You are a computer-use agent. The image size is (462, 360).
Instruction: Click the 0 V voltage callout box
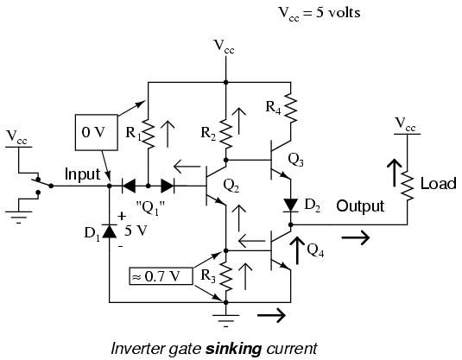97,132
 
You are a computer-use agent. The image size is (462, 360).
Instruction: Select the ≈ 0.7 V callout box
161,276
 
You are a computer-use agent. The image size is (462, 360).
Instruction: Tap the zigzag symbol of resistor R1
149,134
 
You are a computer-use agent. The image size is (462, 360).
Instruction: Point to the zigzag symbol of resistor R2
226,134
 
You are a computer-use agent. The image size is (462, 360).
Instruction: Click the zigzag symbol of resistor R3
226,276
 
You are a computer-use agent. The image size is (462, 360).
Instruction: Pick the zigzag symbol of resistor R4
291,108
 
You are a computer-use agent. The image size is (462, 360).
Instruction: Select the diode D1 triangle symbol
110,231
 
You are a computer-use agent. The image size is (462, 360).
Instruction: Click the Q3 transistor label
295,160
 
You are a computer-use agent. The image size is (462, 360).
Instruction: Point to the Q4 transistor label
315,250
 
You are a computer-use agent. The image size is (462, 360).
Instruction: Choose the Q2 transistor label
231,186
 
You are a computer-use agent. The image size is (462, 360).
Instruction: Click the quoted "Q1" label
150,208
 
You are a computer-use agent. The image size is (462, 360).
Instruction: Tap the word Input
82,174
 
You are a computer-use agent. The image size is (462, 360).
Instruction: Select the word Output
360,206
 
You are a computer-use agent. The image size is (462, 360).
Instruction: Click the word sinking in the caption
233,349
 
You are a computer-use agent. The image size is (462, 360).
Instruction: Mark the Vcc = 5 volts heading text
320,13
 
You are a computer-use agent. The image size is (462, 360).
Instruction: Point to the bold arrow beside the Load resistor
395,173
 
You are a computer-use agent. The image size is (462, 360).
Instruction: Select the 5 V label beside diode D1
136,231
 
